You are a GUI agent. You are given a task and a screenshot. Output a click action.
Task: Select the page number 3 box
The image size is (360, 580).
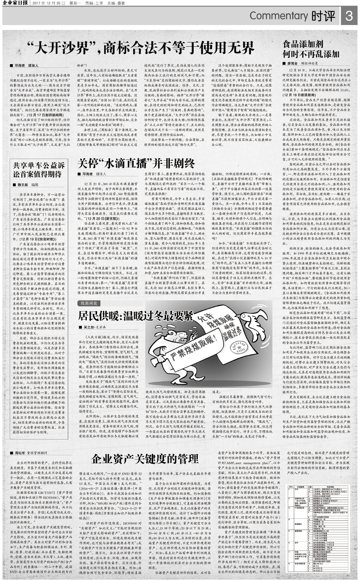click(x=349, y=17)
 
